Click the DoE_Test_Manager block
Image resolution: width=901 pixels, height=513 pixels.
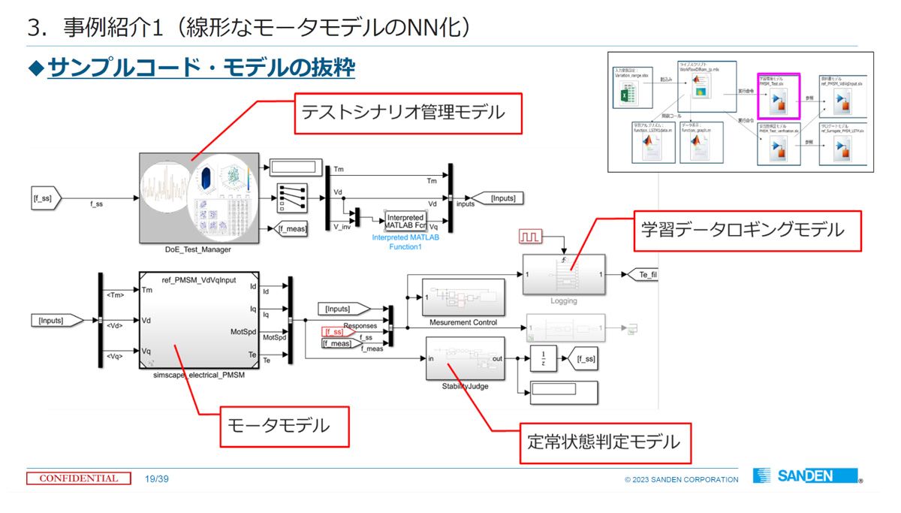[198, 198]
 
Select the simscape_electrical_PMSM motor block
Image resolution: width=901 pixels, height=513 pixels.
[198, 321]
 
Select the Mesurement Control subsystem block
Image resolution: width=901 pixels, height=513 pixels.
[463, 297]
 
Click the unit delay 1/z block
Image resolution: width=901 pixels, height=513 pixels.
[543, 359]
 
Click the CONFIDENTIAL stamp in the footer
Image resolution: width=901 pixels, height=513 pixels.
[79, 478]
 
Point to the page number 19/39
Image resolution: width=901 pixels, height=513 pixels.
[157, 478]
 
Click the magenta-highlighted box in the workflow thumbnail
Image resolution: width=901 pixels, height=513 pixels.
[778, 95]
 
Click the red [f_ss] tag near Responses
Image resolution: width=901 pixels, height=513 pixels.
[334, 331]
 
